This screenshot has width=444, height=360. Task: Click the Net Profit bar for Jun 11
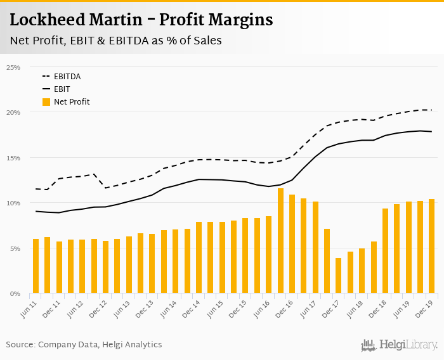tap(36, 266)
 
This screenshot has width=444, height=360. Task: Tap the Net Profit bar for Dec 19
tap(432, 247)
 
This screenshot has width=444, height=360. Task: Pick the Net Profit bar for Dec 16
tap(292, 244)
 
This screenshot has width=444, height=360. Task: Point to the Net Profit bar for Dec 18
tap(385, 251)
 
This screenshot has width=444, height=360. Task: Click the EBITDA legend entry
tap(67, 77)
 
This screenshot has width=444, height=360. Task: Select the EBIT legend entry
tap(62, 89)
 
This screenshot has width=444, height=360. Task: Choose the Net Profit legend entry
tap(71, 102)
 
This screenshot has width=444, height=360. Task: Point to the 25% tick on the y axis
tap(13, 67)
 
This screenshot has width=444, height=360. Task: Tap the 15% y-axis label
tap(13, 158)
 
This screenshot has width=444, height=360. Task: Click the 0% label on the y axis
tap(15, 294)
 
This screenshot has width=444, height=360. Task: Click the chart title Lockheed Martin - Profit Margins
tap(141, 20)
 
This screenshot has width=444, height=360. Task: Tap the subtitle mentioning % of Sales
tap(115, 41)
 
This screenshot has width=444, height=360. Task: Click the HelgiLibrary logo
tap(400, 345)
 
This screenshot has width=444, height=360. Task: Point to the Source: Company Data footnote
tap(84, 345)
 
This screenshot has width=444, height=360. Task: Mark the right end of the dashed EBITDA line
tap(432, 110)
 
